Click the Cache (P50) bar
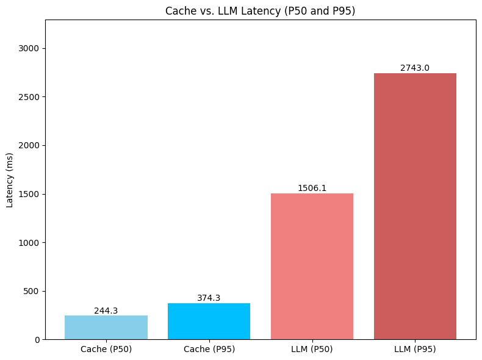(x=106, y=328)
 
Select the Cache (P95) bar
(x=209, y=321)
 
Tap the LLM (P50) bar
(x=312, y=266)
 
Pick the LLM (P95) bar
(x=415, y=206)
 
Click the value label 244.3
(x=106, y=311)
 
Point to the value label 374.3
(x=209, y=298)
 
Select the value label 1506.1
(x=312, y=189)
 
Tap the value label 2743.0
(x=415, y=68)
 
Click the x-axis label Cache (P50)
(x=106, y=350)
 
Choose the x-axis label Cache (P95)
(x=209, y=350)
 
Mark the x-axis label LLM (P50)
(x=312, y=350)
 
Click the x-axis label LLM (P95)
(x=415, y=350)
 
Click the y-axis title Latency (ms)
(x=10, y=180)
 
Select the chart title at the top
(x=261, y=11)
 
